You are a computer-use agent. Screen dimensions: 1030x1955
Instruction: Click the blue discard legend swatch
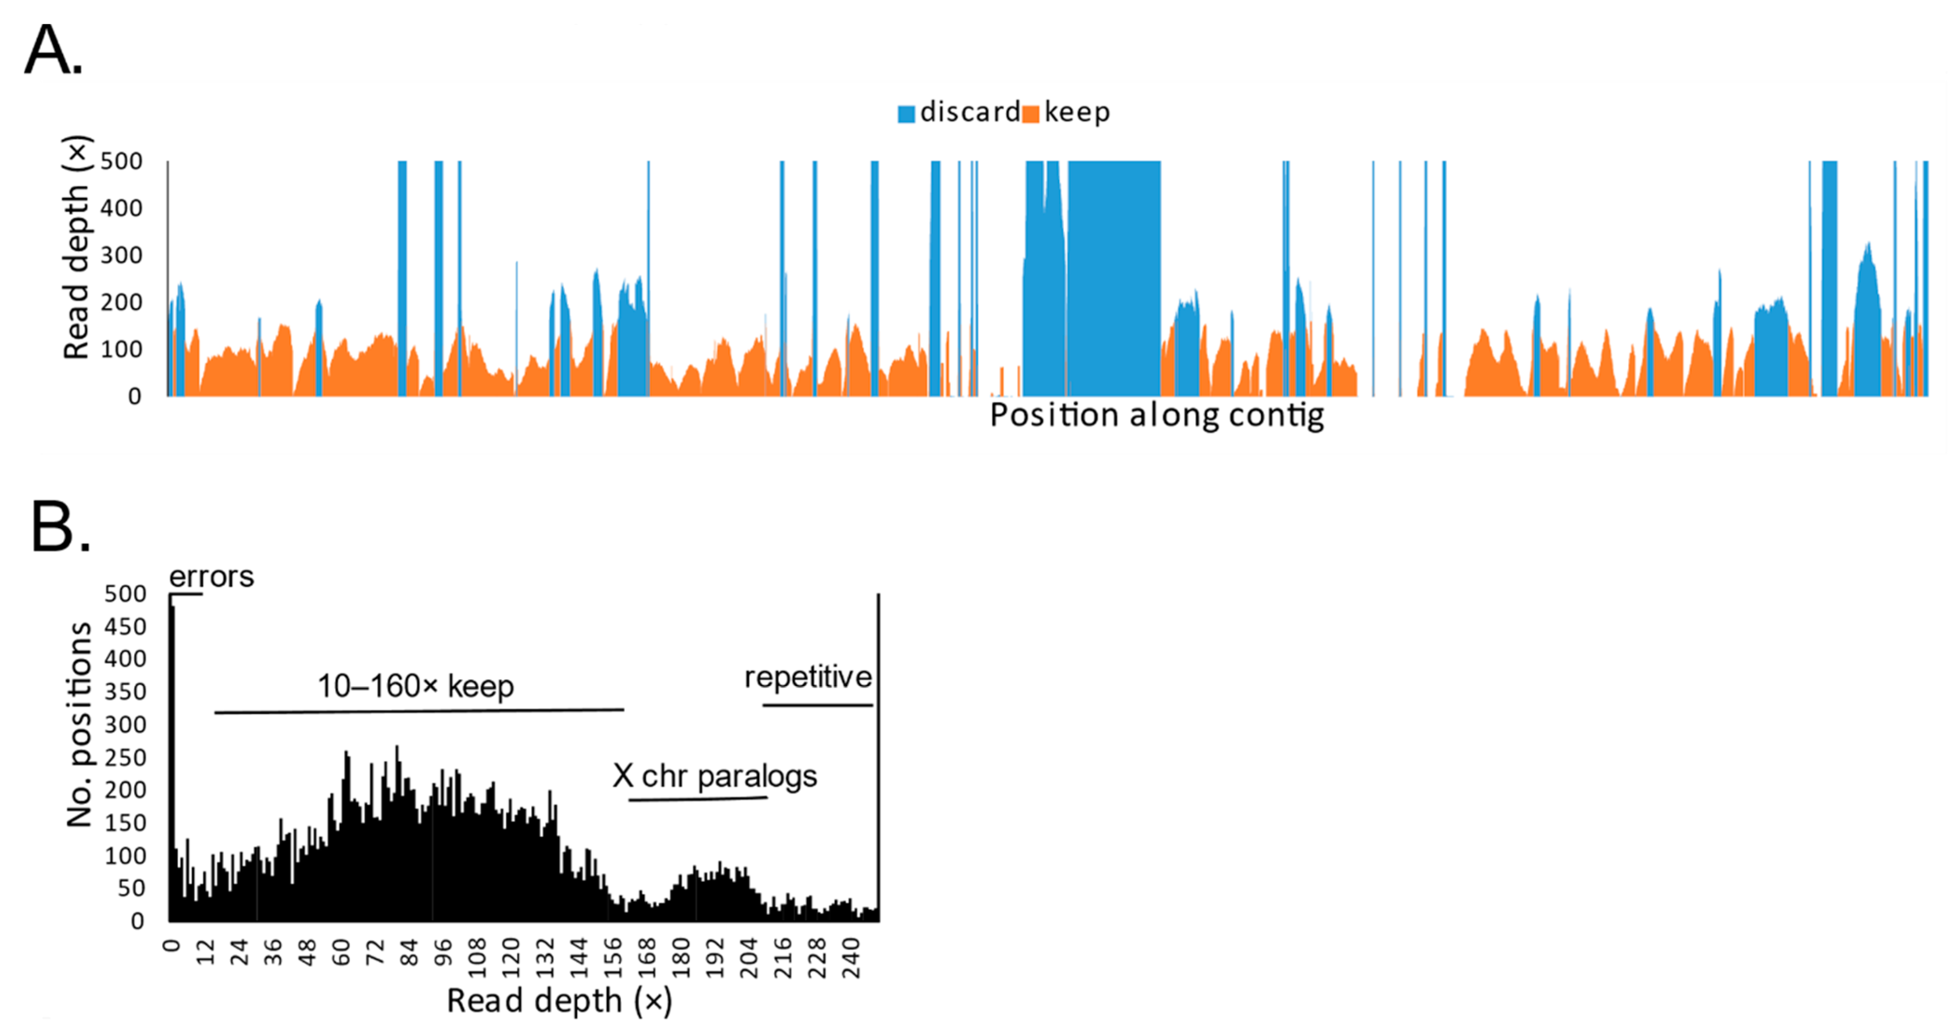click(906, 114)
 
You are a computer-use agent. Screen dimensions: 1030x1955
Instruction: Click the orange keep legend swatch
click(1031, 114)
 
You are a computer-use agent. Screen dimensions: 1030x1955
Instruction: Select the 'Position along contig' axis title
click(1157, 415)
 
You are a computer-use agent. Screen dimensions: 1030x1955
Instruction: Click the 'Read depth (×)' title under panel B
click(559, 1001)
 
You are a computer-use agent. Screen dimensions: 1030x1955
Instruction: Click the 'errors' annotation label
click(211, 577)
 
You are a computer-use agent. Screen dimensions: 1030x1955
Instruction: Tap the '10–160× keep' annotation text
click(415, 686)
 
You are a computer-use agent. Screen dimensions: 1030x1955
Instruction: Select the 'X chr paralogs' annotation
click(715, 776)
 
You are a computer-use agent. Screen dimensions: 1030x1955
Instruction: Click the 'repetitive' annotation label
click(808, 676)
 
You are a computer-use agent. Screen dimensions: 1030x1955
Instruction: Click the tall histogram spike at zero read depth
click(172, 759)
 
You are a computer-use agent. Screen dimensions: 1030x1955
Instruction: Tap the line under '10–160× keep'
click(419, 711)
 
